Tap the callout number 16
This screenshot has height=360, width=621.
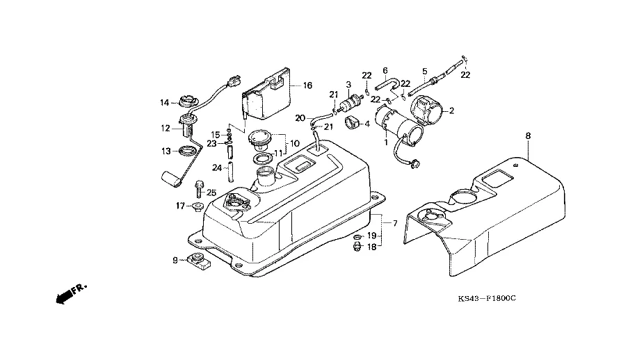[307, 86]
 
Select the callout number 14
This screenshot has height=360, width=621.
[164, 103]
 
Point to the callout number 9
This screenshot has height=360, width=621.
[175, 261]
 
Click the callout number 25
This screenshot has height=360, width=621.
[212, 193]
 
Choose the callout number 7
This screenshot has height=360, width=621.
[395, 223]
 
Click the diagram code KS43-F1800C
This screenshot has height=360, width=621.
[487, 300]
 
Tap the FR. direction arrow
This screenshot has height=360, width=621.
[67, 294]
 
